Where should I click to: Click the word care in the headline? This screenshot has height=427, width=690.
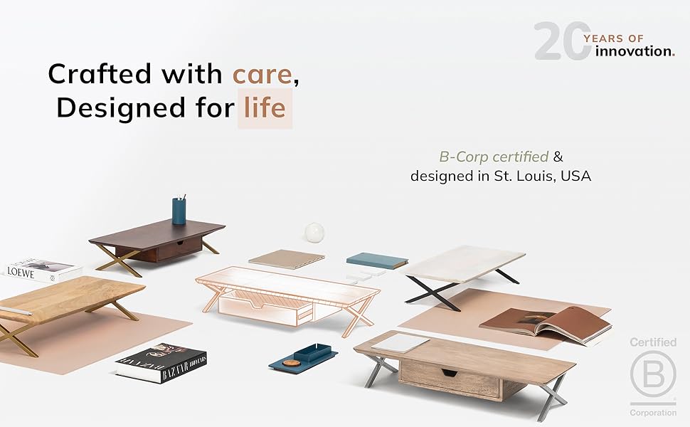pos(262,75)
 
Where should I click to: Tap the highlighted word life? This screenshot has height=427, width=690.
pos(265,107)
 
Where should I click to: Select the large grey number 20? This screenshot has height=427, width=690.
pos(561,41)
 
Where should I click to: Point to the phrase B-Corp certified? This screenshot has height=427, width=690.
pos(494,157)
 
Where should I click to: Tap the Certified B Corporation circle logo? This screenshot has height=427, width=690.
pos(652,374)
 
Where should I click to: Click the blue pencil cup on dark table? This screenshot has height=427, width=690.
pos(179,211)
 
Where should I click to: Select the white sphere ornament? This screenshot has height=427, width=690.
pos(314,233)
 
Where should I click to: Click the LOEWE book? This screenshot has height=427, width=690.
pos(43,270)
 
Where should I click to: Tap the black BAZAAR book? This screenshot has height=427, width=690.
pos(161,363)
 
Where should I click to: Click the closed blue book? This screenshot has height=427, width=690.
pos(377,260)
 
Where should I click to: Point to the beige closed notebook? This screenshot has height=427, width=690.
pos(287,259)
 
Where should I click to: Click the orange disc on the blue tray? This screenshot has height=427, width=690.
pos(291,363)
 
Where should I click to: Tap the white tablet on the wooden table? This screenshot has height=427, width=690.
pos(400,343)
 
